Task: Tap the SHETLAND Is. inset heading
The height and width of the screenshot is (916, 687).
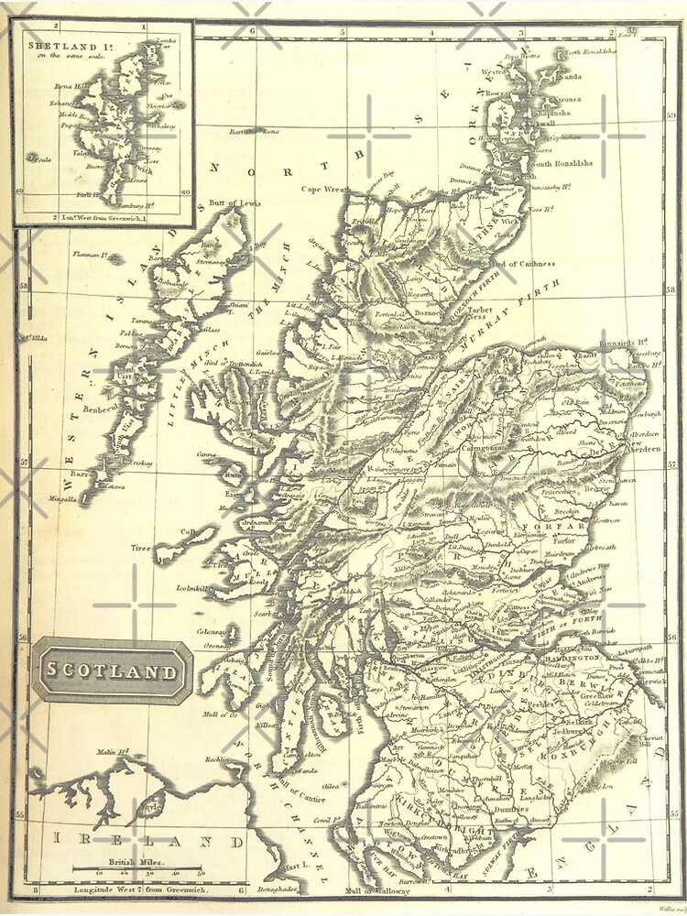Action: click(x=64, y=43)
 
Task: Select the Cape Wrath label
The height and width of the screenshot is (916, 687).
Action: click(x=325, y=189)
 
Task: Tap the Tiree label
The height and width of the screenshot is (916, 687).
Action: click(x=140, y=548)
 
